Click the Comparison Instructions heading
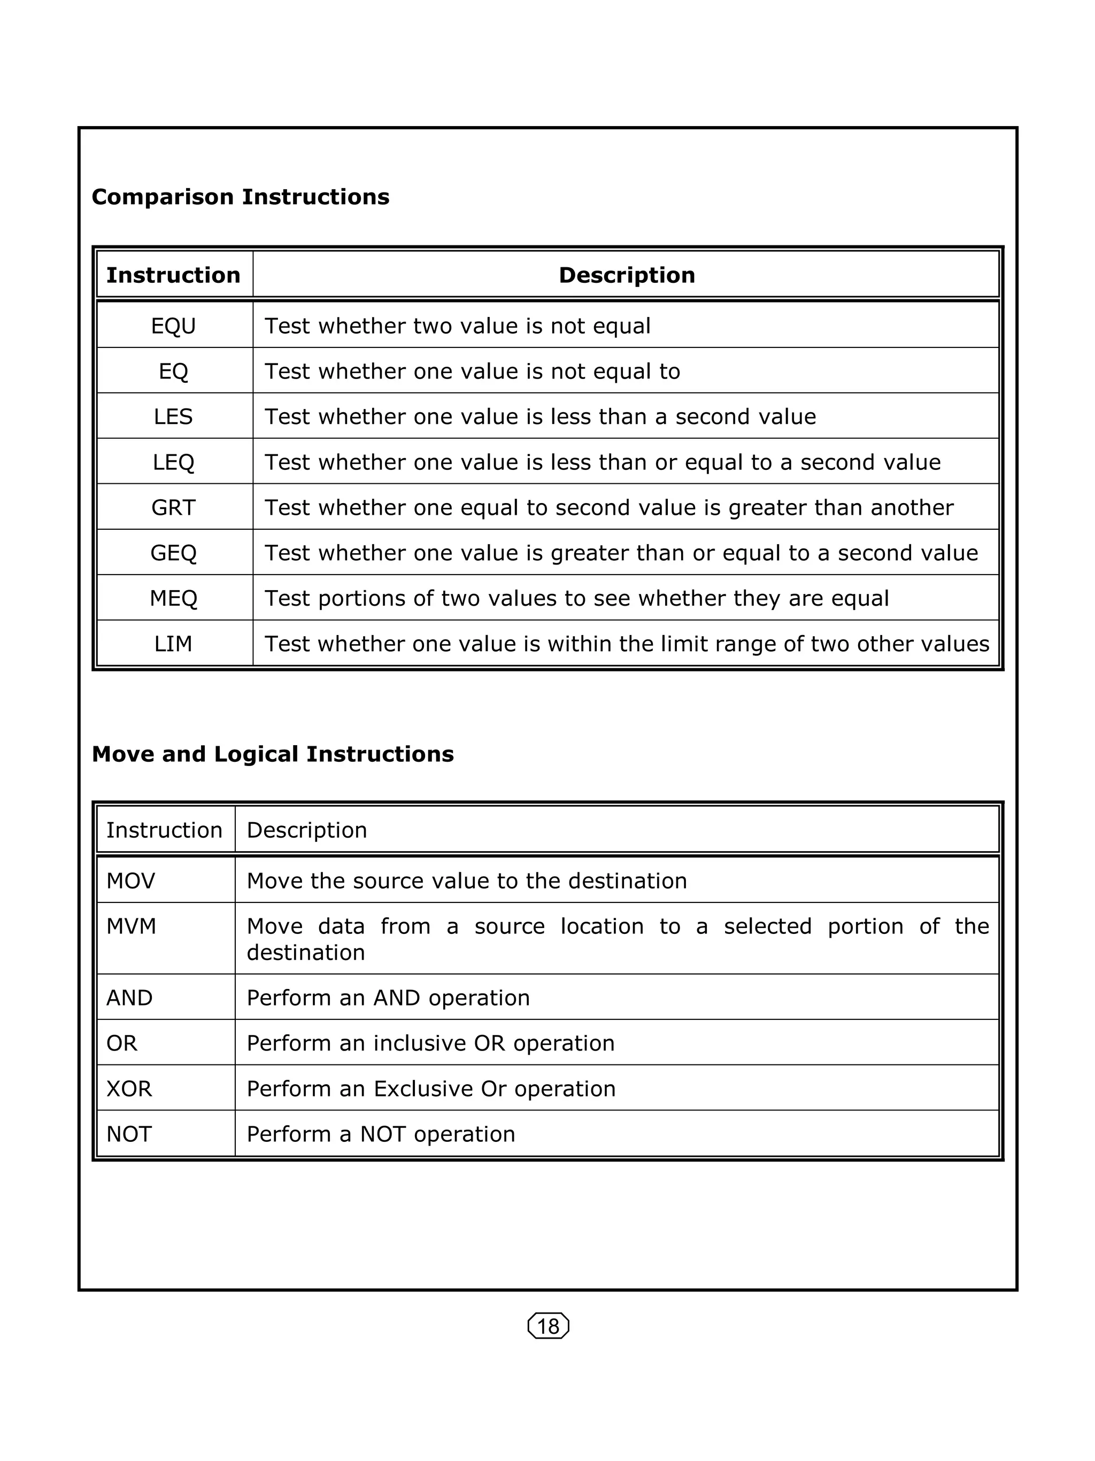point(241,197)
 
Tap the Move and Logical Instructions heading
point(273,754)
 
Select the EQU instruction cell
point(174,326)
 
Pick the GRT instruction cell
point(174,507)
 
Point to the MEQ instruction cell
point(174,598)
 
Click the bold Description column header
point(627,275)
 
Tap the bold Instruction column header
point(174,275)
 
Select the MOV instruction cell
point(131,880)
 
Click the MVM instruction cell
point(132,926)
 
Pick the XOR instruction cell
point(129,1088)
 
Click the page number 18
point(548,1326)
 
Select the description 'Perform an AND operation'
point(388,998)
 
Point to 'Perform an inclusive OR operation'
point(430,1043)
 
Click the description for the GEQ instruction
point(621,553)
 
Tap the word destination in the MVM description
point(306,953)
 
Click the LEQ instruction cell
point(174,462)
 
